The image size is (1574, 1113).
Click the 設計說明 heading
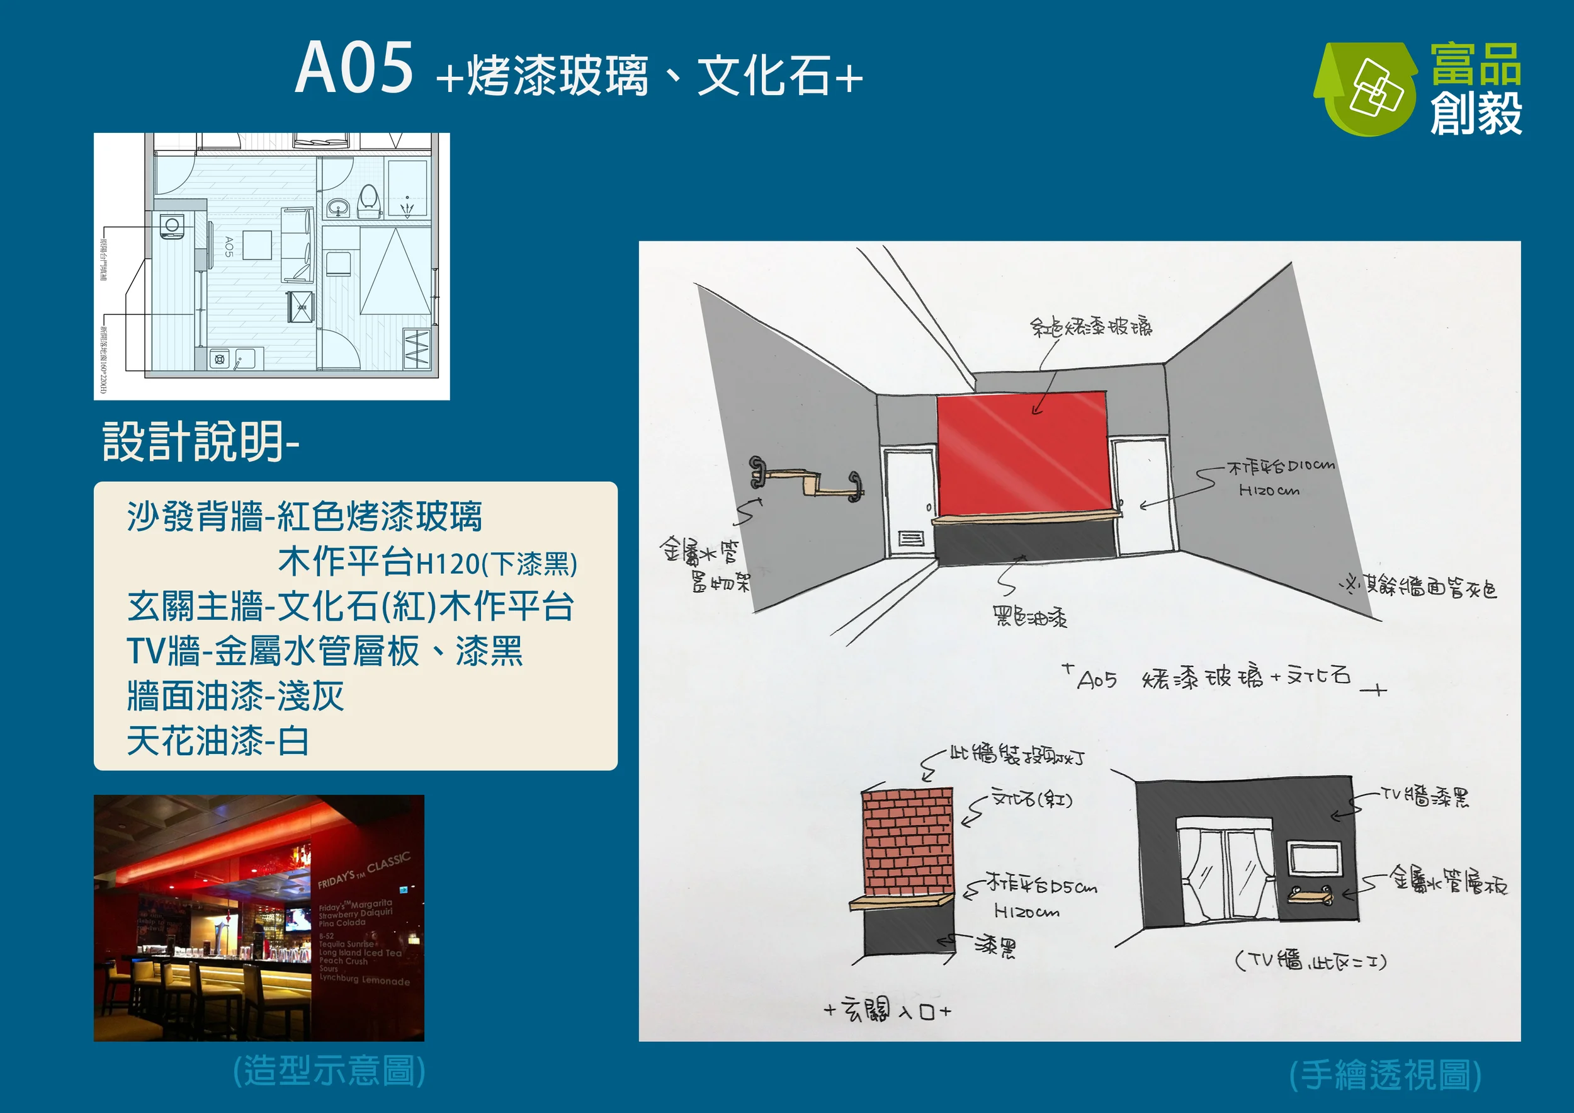200,442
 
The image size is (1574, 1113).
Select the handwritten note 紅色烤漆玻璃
1090,326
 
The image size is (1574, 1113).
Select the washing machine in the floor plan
171,225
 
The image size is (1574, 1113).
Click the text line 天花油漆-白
218,741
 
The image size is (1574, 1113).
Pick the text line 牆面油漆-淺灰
235,696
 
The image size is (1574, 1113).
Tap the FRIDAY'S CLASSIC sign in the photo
363,871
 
